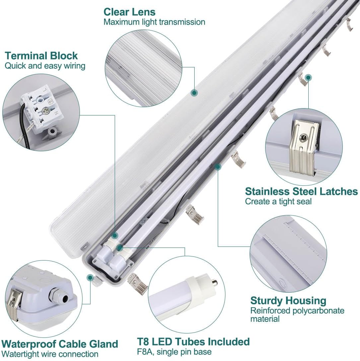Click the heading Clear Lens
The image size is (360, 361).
tap(129, 12)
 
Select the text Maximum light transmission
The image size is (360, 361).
tap(154, 22)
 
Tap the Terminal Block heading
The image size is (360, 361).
tap(41, 55)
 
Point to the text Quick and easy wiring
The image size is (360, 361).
tap(45, 66)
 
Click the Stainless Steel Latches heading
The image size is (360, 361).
tap(301, 191)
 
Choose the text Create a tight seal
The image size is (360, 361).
tap(278, 201)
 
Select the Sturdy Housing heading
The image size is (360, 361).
tap(288, 301)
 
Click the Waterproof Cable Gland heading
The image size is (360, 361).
tap(60, 344)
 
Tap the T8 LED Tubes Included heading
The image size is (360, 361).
tap(193, 341)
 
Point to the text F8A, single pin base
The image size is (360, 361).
tap(174, 352)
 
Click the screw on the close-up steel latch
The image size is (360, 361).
tap(302, 136)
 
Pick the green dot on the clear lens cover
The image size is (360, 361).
tap(194, 93)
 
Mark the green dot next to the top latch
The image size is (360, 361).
tap(308, 77)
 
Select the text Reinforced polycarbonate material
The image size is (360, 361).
tap(297, 315)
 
